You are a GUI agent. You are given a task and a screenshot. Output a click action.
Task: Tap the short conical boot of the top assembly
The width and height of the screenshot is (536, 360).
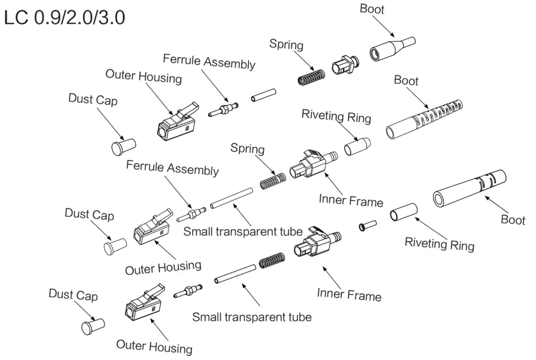click(392, 49)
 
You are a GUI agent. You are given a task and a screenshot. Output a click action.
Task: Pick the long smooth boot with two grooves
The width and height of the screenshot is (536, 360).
click(470, 188)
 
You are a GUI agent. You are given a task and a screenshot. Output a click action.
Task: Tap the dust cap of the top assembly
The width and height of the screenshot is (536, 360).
click(124, 147)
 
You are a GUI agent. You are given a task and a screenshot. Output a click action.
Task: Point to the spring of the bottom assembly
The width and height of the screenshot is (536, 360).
click(272, 261)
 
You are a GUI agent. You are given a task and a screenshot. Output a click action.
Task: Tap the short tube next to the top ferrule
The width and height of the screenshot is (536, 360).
click(263, 97)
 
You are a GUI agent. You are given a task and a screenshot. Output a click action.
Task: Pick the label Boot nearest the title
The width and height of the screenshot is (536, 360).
click(372, 9)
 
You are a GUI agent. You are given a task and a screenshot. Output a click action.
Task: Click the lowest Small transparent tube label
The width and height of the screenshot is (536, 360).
click(252, 317)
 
